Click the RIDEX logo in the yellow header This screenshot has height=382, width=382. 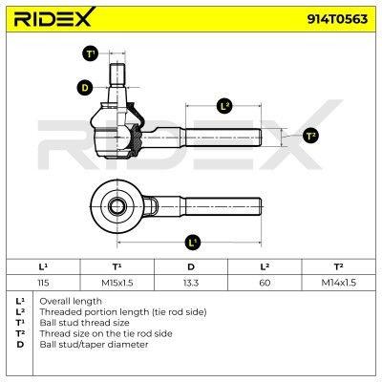pyautogui.click(x=54, y=17)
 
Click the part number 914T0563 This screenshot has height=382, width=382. pyautogui.click(x=337, y=19)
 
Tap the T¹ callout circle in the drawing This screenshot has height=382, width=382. pyautogui.click(x=91, y=53)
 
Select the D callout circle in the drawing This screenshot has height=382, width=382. pyautogui.click(x=85, y=87)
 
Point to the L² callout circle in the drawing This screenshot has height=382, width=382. pyautogui.click(x=224, y=106)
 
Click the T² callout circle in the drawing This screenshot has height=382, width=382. pyautogui.click(x=310, y=136)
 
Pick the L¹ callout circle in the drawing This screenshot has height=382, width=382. pyautogui.click(x=193, y=243)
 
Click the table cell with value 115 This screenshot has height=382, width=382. pyautogui.click(x=43, y=283)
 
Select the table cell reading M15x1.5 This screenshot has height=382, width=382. pyautogui.click(x=117, y=283)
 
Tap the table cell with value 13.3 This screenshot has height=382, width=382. pyautogui.click(x=191, y=283)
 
